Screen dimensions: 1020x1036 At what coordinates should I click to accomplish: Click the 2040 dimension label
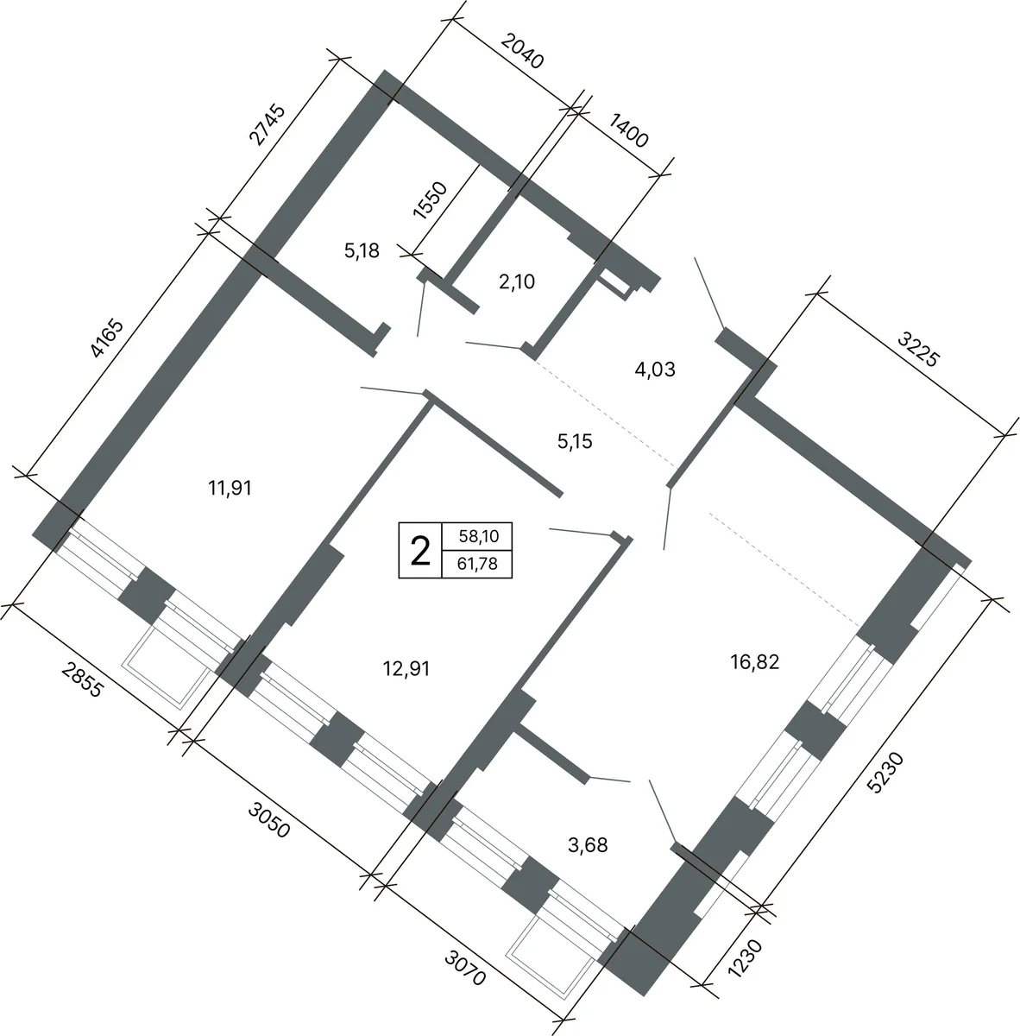coord(522,52)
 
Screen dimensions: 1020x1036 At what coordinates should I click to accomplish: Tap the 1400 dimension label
coord(628,130)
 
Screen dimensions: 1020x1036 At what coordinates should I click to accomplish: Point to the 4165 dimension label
coord(108,338)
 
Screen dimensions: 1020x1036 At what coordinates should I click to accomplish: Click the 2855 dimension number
coord(82,680)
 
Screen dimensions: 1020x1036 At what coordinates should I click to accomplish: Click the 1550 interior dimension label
coord(430,200)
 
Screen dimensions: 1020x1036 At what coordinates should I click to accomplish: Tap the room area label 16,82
coord(754,662)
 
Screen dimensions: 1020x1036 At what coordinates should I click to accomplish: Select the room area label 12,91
coord(406,669)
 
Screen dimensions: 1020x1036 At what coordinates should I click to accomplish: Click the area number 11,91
coord(230,488)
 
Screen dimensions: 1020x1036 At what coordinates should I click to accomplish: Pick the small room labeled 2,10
coord(517,281)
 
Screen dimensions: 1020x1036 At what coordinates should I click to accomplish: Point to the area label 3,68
coord(588,845)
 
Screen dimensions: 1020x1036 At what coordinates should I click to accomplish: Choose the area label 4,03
coord(655,370)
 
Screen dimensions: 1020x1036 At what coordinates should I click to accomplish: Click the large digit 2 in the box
coord(420,552)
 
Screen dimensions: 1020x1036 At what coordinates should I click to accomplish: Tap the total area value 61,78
coord(477,564)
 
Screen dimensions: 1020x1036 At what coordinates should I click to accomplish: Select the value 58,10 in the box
coord(479,536)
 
